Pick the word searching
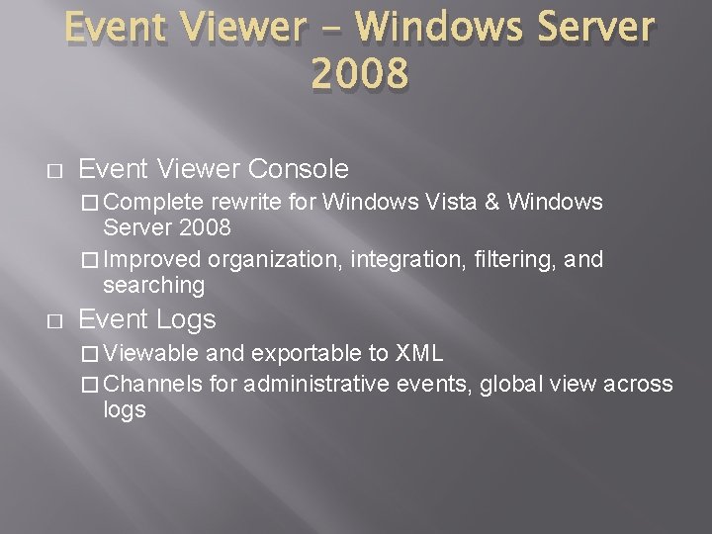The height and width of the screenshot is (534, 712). [x=153, y=285]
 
